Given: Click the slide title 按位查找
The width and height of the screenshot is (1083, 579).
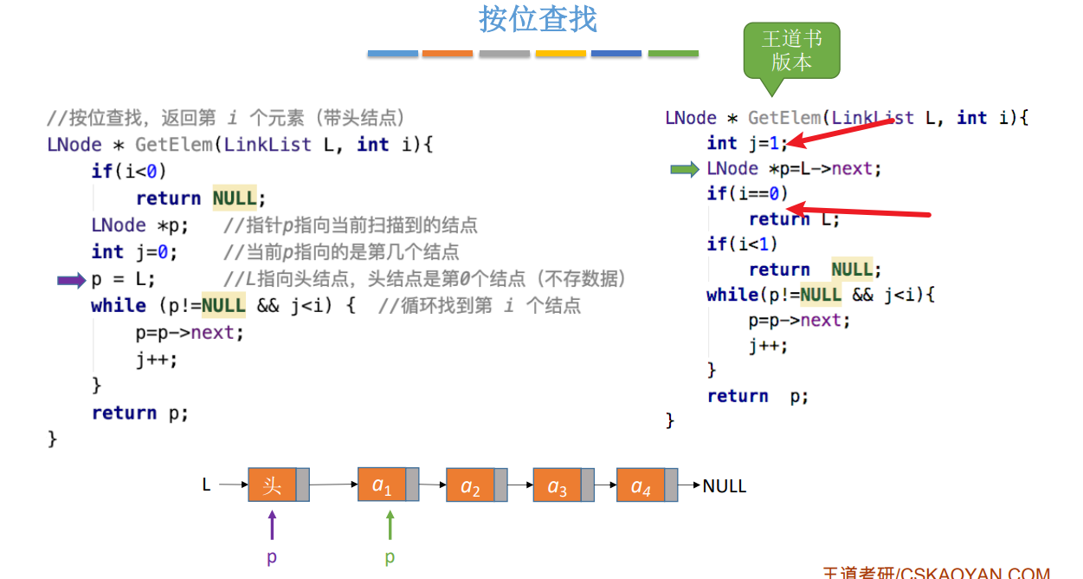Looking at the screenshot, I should tap(538, 19).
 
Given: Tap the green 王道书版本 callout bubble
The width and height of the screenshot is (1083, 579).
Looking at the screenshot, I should tap(791, 51).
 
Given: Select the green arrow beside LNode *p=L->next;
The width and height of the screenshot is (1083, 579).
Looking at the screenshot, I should tap(685, 170).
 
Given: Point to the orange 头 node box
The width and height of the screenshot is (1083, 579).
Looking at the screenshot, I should tap(272, 485).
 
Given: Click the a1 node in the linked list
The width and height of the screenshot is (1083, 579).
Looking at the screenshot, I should tap(382, 485).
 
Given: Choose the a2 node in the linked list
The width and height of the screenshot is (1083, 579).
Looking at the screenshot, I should tap(470, 485).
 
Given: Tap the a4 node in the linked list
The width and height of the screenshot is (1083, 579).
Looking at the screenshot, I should tap(641, 485).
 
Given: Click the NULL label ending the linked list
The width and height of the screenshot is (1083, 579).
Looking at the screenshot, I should tap(724, 485).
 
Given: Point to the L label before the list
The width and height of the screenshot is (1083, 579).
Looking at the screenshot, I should tap(206, 485).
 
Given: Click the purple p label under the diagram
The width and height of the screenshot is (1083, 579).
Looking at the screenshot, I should tap(272, 557).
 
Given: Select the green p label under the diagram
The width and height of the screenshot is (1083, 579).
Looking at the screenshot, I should tap(390, 557).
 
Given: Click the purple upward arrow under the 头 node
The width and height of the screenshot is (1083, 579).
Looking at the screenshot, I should tap(272, 525).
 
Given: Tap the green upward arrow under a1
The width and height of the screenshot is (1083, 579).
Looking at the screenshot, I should tap(390, 525).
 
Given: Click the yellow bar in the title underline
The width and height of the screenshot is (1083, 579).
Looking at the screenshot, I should tap(560, 54).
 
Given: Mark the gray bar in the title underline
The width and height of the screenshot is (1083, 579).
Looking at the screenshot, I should tap(504, 54).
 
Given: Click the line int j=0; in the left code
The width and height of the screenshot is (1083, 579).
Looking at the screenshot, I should tap(134, 252).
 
